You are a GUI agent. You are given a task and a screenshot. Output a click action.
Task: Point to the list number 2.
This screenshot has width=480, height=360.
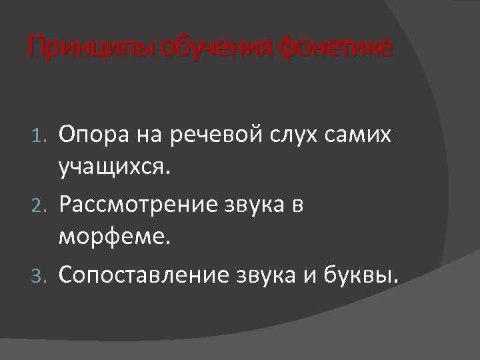tap(40, 206)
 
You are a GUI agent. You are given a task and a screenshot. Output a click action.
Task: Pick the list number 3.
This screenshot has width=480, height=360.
tap(40, 274)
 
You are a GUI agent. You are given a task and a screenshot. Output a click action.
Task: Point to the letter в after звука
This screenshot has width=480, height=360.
tap(297, 205)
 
